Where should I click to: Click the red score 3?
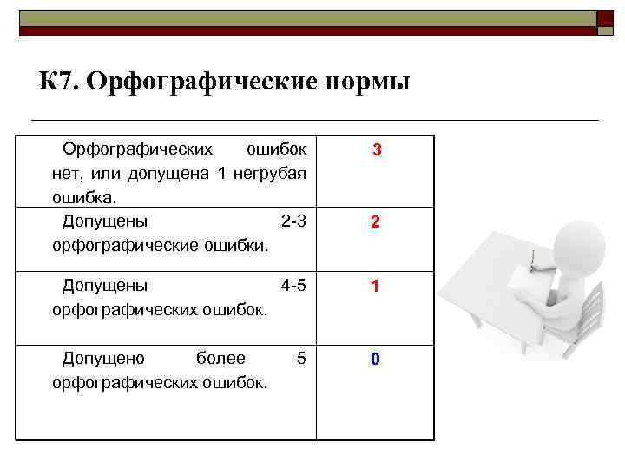coord(376,150)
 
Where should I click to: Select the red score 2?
coord(375,222)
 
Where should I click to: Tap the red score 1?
coord(375,287)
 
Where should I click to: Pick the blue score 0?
coord(375,359)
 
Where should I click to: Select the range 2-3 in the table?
coord(294,220)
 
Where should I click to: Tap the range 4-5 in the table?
coord(294,284)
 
